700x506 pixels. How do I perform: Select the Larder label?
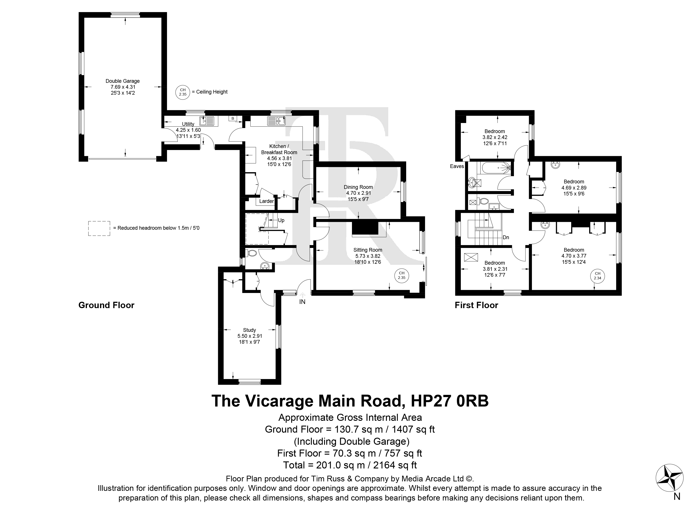[266, 201]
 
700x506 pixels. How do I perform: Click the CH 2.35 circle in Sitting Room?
[402, 275]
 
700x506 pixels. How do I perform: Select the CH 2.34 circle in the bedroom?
[598, 276]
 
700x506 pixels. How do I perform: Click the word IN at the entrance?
[302, 302]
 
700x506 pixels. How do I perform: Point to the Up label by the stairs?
[281, 220]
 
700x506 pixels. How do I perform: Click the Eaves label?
[457, 166]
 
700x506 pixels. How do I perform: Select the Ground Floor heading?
[106, 305]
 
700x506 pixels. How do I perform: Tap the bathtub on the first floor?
[494, 168]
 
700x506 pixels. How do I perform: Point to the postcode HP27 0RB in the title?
[450, 401]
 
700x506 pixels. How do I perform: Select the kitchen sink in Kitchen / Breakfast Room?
[276, 121]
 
